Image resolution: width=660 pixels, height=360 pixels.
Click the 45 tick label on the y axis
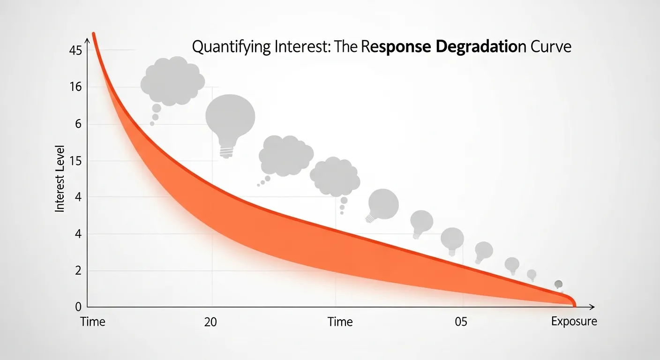point(75,51)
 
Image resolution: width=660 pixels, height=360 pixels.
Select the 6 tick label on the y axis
point(78,124)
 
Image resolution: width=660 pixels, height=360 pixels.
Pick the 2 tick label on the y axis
point(78,271)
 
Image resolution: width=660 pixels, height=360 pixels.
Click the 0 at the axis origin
point(78,307)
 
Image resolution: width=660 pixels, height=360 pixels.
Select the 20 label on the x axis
point(212,322)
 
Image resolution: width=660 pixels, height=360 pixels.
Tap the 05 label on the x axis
point(461,322)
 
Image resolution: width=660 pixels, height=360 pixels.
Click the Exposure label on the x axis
point(574,322)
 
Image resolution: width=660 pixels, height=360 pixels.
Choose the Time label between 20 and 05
point(340,322)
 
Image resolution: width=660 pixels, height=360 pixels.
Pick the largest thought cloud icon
point(172,81)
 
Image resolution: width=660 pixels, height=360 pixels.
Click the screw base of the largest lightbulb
point(227,151)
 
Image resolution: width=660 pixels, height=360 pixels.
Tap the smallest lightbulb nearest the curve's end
point(558,284)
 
